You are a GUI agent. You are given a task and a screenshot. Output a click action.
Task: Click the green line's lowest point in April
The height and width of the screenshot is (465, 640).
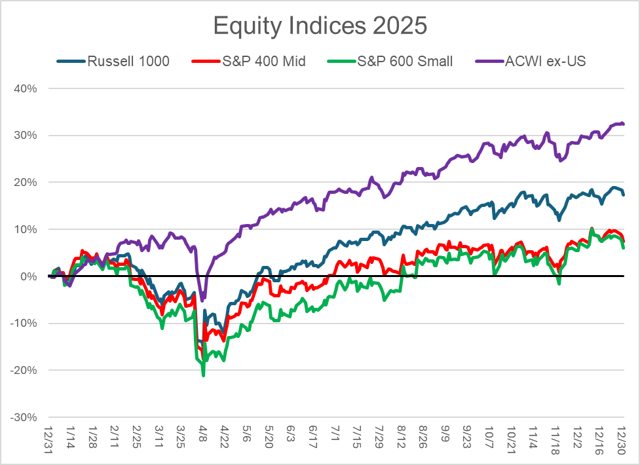tap(204, 375)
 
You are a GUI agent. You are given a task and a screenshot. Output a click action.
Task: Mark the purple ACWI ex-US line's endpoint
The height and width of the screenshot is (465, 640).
tap(623, 124)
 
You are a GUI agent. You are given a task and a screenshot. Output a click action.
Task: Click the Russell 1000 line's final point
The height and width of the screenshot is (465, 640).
tap(623, 195)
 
